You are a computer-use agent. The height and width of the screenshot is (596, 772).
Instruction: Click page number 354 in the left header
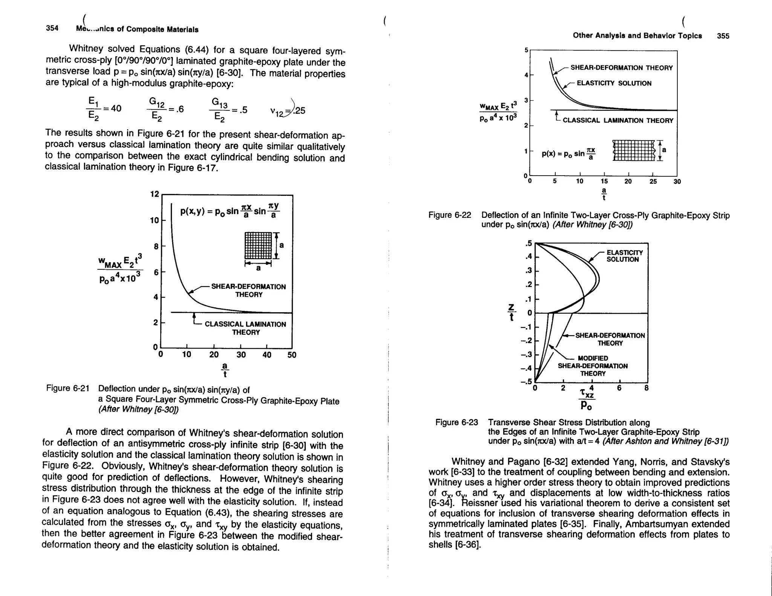click(x=52, y=28)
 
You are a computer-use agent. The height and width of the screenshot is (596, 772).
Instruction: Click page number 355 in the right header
click(x=723, y=36)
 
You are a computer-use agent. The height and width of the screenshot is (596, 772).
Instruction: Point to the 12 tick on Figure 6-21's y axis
click(x=155, y=194)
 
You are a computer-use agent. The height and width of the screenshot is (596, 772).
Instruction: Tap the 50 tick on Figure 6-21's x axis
click(x=292, y=355)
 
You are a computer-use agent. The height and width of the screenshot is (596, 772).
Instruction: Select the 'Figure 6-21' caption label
click(x=68, y=388)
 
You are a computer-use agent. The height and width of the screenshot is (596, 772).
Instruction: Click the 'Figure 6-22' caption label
click(x=450, y=215)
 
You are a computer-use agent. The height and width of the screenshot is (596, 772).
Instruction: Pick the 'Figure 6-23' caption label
click(x=456, y=422)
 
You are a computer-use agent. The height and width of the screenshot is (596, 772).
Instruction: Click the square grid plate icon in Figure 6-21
click(x=258, y=245)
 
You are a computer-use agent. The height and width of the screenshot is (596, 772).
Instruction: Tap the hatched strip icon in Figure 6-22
click(x=634, y=150)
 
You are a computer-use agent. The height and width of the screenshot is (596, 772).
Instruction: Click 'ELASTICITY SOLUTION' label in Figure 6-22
click(x=614, y=83)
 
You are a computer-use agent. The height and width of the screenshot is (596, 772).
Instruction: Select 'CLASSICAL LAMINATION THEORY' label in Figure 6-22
click(x=617, y=121)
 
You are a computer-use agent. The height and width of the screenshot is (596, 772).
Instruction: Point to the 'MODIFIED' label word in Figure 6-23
click(x=593, y=358)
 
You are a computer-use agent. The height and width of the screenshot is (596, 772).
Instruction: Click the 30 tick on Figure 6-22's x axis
click(x=677, y=182)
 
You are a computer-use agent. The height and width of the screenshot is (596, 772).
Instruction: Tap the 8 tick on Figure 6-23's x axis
click(x=646, y=388)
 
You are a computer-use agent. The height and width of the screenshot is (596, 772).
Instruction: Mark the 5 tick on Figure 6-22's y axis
click(x=526, y=50)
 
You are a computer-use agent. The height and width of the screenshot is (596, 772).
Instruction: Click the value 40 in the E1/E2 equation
click(x=116, y=109)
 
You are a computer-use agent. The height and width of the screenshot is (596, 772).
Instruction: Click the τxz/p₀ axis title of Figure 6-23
click(x=587, y=399)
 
